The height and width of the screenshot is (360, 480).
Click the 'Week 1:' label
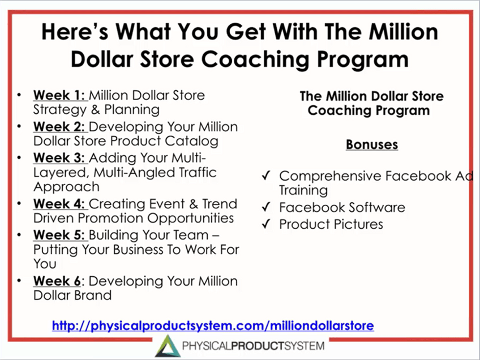(x=59, y=95)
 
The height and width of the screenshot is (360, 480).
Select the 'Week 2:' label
(x=59, y=126)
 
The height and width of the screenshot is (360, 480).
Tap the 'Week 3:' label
(x=59, y=158)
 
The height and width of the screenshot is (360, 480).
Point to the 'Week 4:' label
(x=59, y=204)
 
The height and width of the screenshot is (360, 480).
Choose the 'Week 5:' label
(x=59, y=235)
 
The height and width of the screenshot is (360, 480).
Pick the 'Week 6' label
(x=57, y=281)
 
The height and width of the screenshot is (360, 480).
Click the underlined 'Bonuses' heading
(x=372, y=144)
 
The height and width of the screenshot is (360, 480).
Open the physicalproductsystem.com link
(x=213, y=325)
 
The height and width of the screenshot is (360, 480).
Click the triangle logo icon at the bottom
(x=168, y=346)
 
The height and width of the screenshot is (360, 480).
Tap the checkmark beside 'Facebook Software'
(x=267, y=207)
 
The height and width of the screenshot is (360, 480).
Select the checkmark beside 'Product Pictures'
(x=267, y=224)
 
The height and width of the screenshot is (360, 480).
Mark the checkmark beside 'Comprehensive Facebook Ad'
(x=267, y=175)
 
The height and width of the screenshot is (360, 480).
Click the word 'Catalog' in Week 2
(x=192, y=141)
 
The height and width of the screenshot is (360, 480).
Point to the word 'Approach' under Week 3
(x=66, y=187)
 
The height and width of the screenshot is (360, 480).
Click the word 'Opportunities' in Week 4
(x=191, y=218)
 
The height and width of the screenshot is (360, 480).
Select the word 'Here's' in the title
(x=75, y=32)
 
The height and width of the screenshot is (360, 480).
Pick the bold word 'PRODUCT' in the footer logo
(x=258, y=346)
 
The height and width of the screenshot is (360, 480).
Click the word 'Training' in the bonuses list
(x=303, y=190)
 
